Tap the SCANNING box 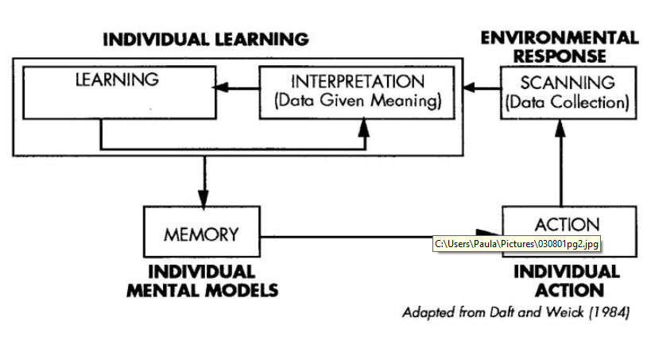pyautogui.click(x=568, y=92)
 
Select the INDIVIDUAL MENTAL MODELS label pyautogui.click(x=202, y=281)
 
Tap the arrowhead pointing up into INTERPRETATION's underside pyautogui.click(x=364, y=125)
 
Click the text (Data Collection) pyautogui.click(x=568, y=102)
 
